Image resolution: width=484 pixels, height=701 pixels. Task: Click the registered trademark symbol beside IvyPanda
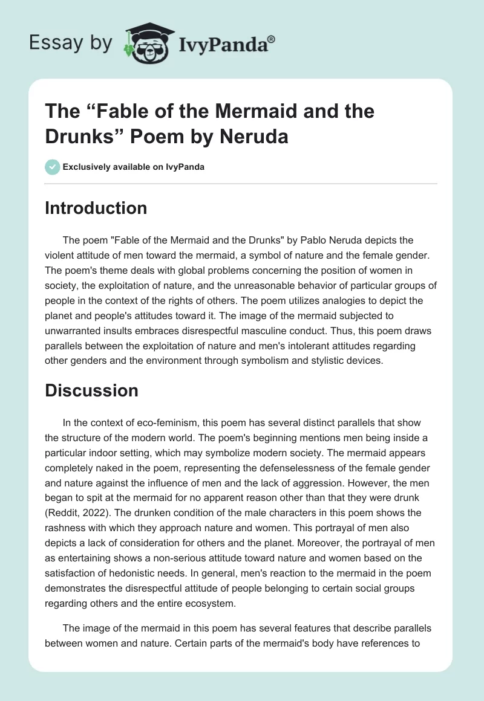[272, 39]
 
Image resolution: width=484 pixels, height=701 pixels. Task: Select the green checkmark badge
[53, 167]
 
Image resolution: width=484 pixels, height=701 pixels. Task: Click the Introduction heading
[96, 208]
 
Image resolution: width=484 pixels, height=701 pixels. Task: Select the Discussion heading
[91, 390]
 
